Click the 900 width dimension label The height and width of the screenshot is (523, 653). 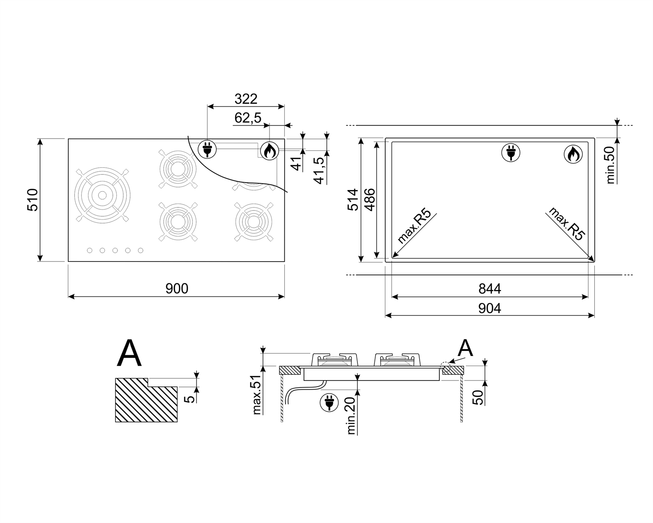pos(177,289)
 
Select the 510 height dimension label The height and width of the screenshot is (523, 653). pos(33,200)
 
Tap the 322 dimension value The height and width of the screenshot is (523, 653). pos(246,99)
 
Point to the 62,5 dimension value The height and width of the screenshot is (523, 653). pos(248,118)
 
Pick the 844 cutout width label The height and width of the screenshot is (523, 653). pos(490,289)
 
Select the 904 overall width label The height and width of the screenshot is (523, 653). pos(490,308)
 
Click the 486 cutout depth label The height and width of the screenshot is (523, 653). pos(370,200)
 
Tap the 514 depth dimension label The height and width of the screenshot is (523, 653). pos(353,200)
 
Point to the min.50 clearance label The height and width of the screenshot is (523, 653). pos(610,165)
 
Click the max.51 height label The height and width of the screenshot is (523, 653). pos(256,394)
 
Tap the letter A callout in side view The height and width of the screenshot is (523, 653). pos(465,349)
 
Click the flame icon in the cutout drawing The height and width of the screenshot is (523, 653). pos(572,154)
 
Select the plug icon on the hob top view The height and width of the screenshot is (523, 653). pos(207,149)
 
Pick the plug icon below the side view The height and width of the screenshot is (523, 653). pos(329,403)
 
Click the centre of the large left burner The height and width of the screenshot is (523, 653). pos(102,195)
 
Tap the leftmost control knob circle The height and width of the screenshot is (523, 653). pos(90,250)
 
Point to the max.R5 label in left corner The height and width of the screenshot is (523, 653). pos(414,226)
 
